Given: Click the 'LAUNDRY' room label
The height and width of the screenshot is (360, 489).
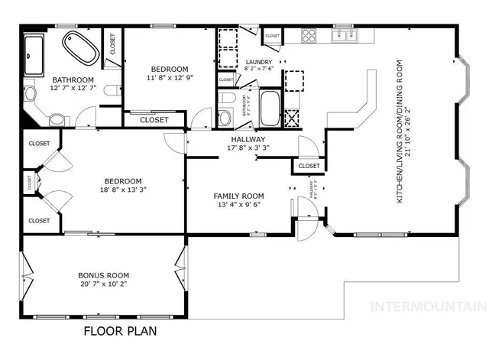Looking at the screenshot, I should [259, 62].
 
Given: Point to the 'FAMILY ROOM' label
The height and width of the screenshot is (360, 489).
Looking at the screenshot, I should [238, 196].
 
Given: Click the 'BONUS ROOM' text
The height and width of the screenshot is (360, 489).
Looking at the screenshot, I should [103, 275].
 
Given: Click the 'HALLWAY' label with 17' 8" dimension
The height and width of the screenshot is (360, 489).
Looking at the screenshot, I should [248, 139].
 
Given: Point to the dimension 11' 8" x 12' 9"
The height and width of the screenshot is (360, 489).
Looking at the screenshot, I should [170, 76].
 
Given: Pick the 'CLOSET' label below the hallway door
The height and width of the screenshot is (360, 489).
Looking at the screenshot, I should [309, 166].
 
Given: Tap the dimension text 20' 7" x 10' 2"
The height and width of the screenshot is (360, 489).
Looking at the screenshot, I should [103, 284].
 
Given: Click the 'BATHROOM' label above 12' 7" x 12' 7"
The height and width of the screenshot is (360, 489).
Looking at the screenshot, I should [73, 79].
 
